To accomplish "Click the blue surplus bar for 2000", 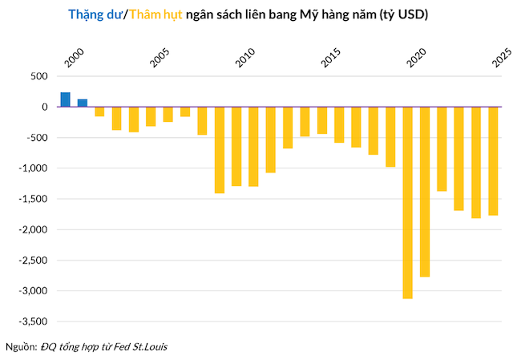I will pos(66,99).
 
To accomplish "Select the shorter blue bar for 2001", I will pos(83,103).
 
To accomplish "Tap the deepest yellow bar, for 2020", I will pos(407,202).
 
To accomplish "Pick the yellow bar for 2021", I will pos(425,192).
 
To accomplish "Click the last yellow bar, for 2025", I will pos(493,160).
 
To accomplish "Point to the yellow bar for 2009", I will pos(220,150).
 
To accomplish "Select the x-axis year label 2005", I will pos(159,59).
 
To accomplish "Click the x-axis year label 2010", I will pos(244,59).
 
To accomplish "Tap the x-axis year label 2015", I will pos(330,59).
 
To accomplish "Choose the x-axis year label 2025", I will pos(501,59).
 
